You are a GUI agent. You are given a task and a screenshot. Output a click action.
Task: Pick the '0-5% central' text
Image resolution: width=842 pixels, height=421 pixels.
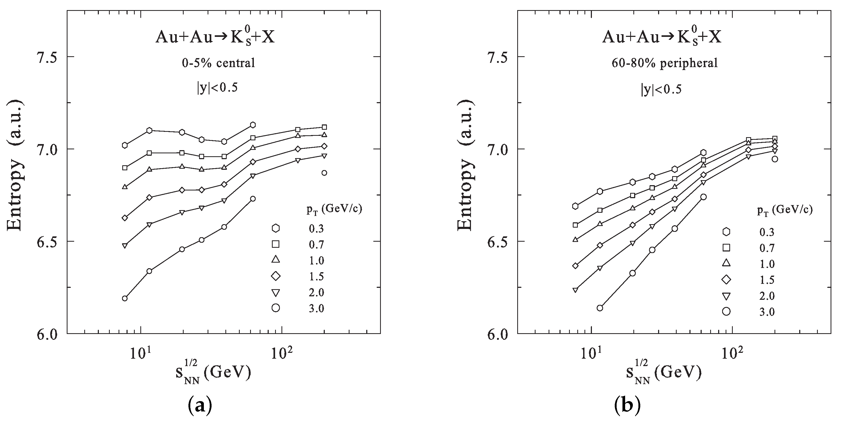click(218, 63)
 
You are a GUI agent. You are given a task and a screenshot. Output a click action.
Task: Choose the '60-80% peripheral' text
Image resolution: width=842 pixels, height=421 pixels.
click(664, 63)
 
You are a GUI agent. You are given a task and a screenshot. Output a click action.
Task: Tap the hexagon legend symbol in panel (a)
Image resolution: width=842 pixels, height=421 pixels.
click(276, 228)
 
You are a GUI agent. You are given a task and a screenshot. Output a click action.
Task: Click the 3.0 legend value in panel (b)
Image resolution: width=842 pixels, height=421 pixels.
click(767, 312)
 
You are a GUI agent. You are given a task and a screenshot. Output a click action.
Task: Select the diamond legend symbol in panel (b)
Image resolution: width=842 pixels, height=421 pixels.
click(727, 280)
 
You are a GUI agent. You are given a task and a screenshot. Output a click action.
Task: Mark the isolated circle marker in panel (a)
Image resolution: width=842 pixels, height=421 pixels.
click(324, 173)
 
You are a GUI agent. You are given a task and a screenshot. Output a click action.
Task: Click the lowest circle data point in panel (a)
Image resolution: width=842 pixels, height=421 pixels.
click(125, 298)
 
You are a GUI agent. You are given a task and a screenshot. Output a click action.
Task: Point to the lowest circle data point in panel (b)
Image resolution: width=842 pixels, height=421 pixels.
click(600, 308)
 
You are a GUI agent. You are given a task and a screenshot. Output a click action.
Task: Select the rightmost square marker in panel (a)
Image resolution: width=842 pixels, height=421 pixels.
click(324, 127)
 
